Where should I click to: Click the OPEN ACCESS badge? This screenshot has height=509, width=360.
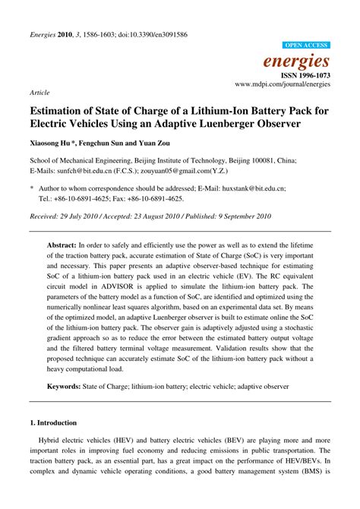[x=305, y=45]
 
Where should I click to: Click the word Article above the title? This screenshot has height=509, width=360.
[x=39, y=92]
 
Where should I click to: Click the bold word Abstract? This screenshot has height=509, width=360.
[x=62, y=247]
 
